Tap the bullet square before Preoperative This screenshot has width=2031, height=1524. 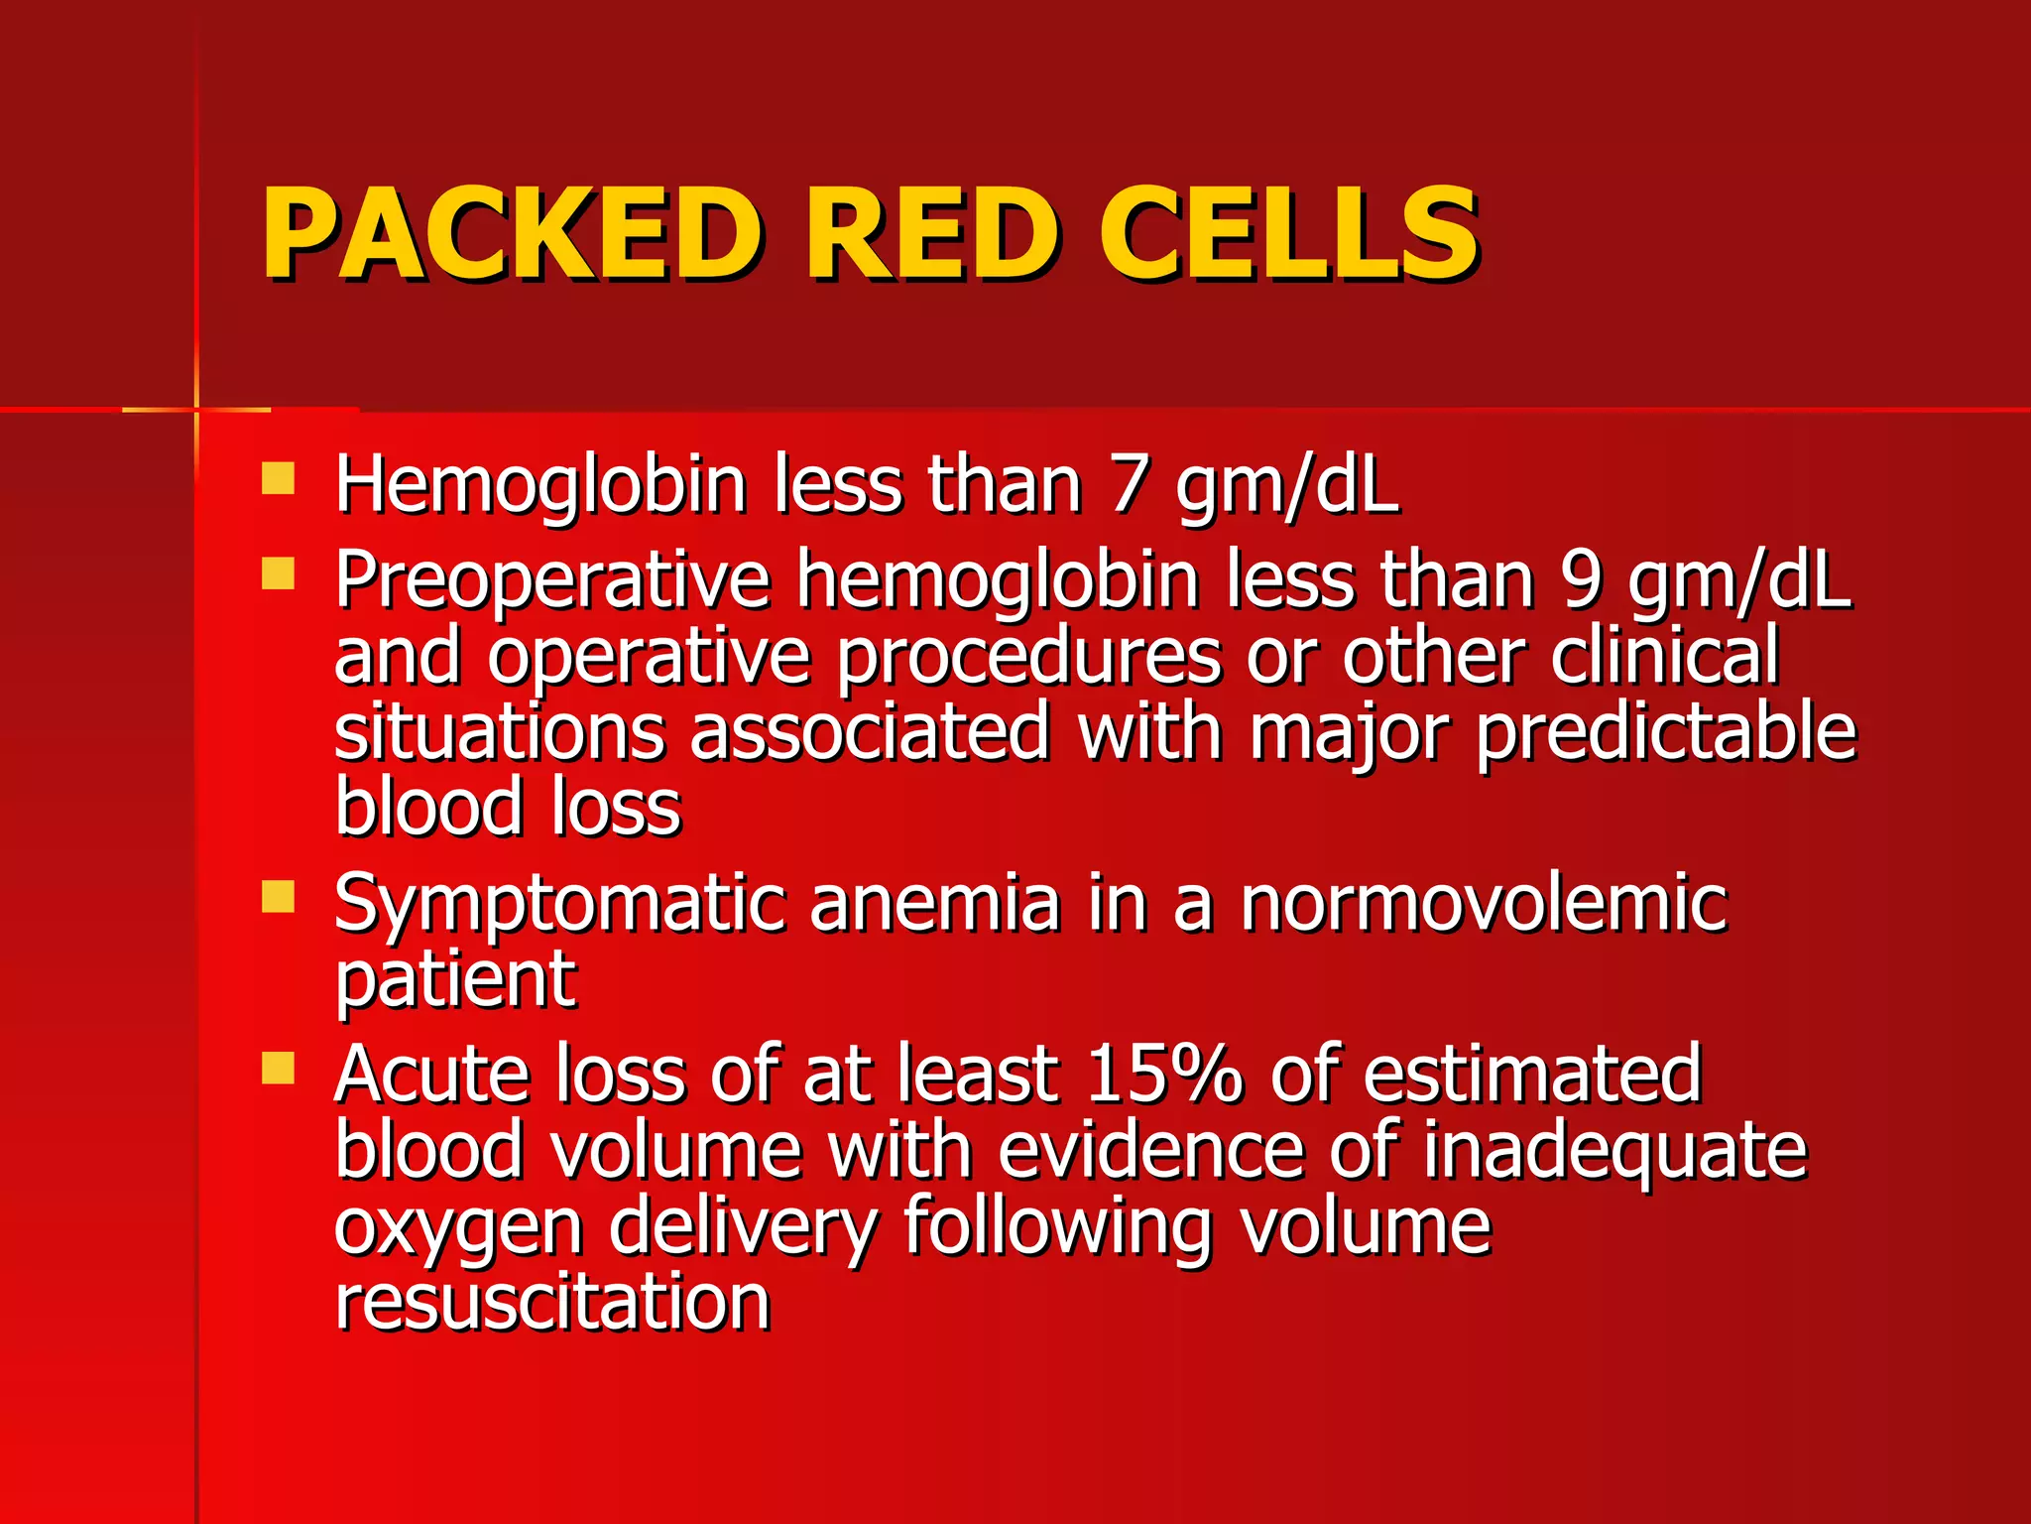click(x=278, y=573)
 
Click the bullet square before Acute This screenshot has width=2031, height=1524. click(x=278, y=1068)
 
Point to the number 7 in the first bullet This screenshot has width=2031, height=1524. click(x=1128, y=485)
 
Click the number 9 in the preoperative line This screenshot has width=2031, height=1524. click(x=1581, y=580)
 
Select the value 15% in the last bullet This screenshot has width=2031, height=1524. click(x=1163, y=1074)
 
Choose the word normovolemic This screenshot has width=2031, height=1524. click(x=1484, y=903)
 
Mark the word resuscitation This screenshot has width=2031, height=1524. click(x=552, y=1302)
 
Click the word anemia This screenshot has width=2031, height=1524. click(x=934, y=903)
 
